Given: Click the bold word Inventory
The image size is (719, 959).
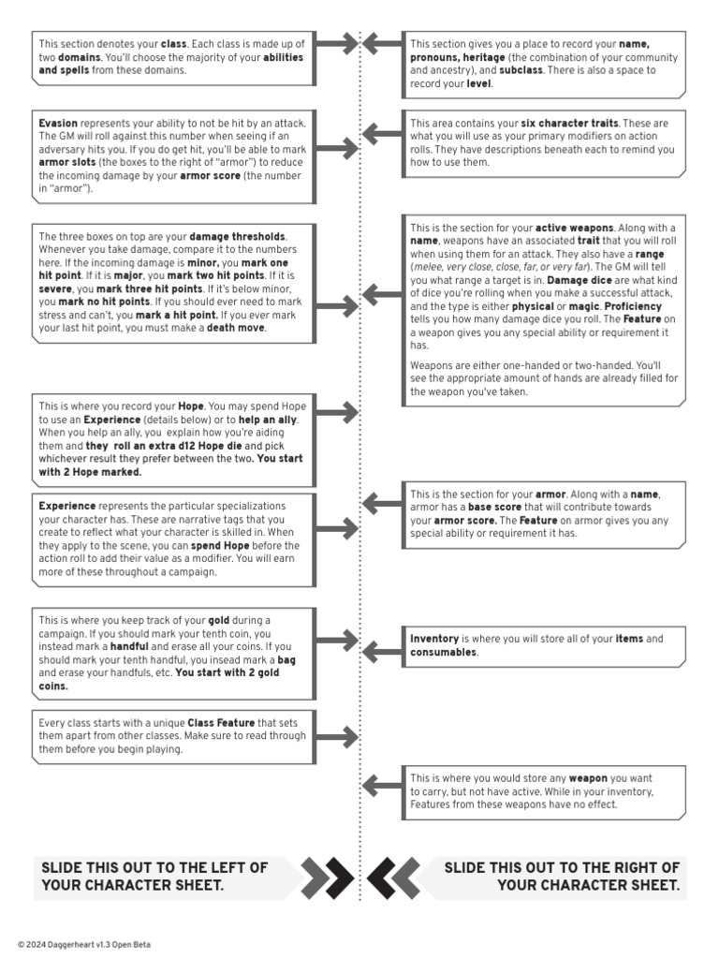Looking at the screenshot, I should [x=434, y=639].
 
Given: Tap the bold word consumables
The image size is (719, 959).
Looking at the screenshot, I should [x=443, y=652].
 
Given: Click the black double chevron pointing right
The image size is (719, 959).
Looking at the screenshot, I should [x=327, y=878].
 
